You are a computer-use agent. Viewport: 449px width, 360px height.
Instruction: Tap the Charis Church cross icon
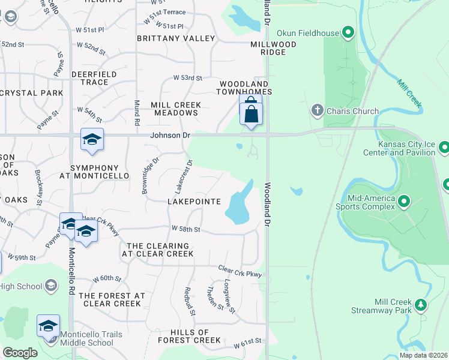(x=318, y=110)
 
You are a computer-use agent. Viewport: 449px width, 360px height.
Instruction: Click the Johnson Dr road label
(x=166, y=136)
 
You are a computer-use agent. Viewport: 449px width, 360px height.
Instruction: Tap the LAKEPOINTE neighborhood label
(x=194, y=202)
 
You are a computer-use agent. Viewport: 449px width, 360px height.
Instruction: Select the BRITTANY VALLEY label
(x=176, y=38)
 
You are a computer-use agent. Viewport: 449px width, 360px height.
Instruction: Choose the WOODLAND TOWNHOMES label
(x=246, y=88)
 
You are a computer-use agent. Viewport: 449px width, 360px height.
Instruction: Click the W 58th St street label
(x=185, y=229)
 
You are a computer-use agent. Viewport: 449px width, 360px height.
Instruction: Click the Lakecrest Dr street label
(x=183, y=176)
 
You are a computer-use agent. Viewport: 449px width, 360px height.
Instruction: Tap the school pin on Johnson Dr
(x=92, y=140)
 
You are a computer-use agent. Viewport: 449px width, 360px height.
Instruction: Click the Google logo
(x=20, y=353)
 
